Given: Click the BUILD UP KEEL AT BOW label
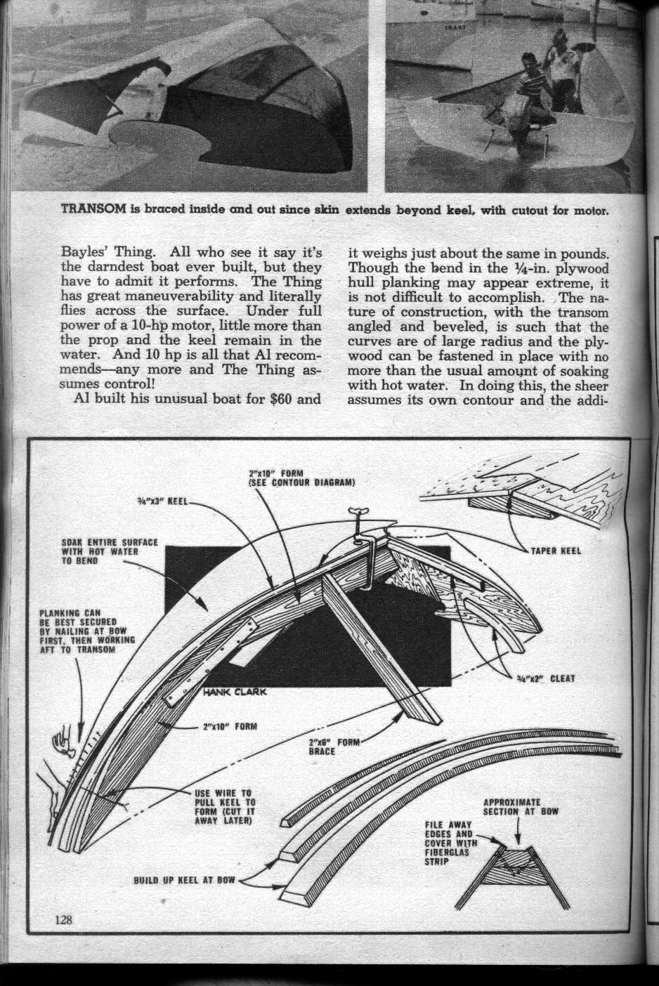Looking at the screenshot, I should (x=185, y=879).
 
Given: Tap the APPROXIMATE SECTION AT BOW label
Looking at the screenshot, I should (x=521, y=806).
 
